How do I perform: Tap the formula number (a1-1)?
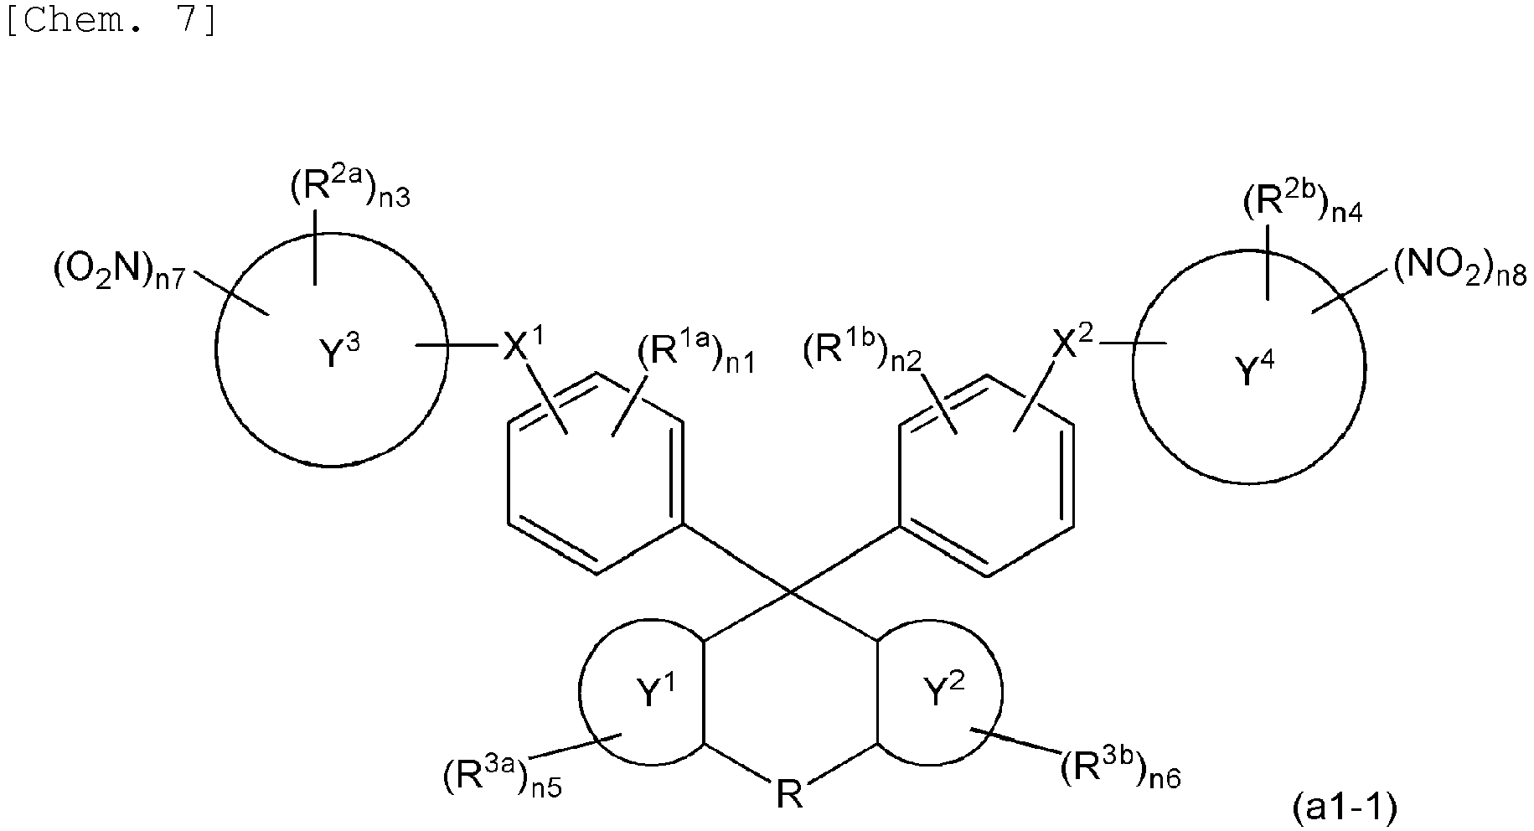[1344, 808]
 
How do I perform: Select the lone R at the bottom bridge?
[789, 794]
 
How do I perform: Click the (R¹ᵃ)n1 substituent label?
[695, 355]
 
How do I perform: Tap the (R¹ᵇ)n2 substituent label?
[863, 355]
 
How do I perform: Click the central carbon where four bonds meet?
[790, 593]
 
